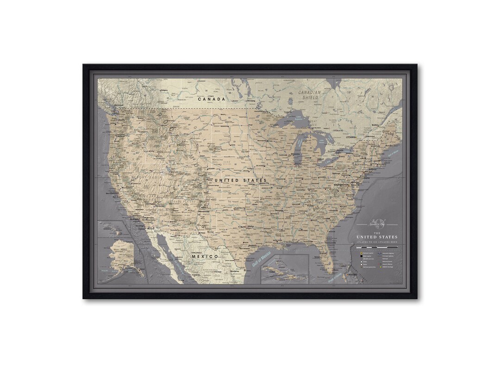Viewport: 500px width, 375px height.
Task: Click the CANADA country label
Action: point(211,99)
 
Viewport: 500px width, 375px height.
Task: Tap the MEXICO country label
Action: point(205,256)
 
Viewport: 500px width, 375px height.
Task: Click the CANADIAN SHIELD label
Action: point(310,95)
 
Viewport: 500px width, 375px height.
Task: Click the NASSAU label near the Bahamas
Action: point(352,274)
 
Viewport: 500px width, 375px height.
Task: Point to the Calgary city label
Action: point(163,90)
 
